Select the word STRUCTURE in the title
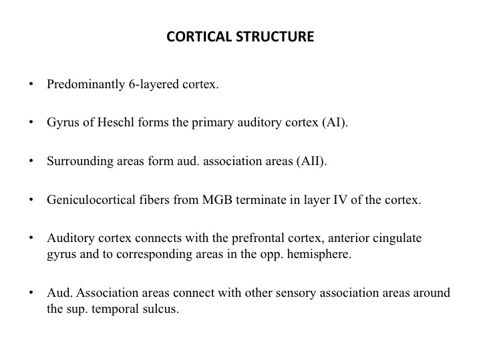pos(275,37)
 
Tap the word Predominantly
pos(86,84)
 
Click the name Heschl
pos(116,122)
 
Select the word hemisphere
pos(319,255)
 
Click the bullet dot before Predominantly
pos(31,84)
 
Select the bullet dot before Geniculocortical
pos(31,199)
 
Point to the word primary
pos(213,123)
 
